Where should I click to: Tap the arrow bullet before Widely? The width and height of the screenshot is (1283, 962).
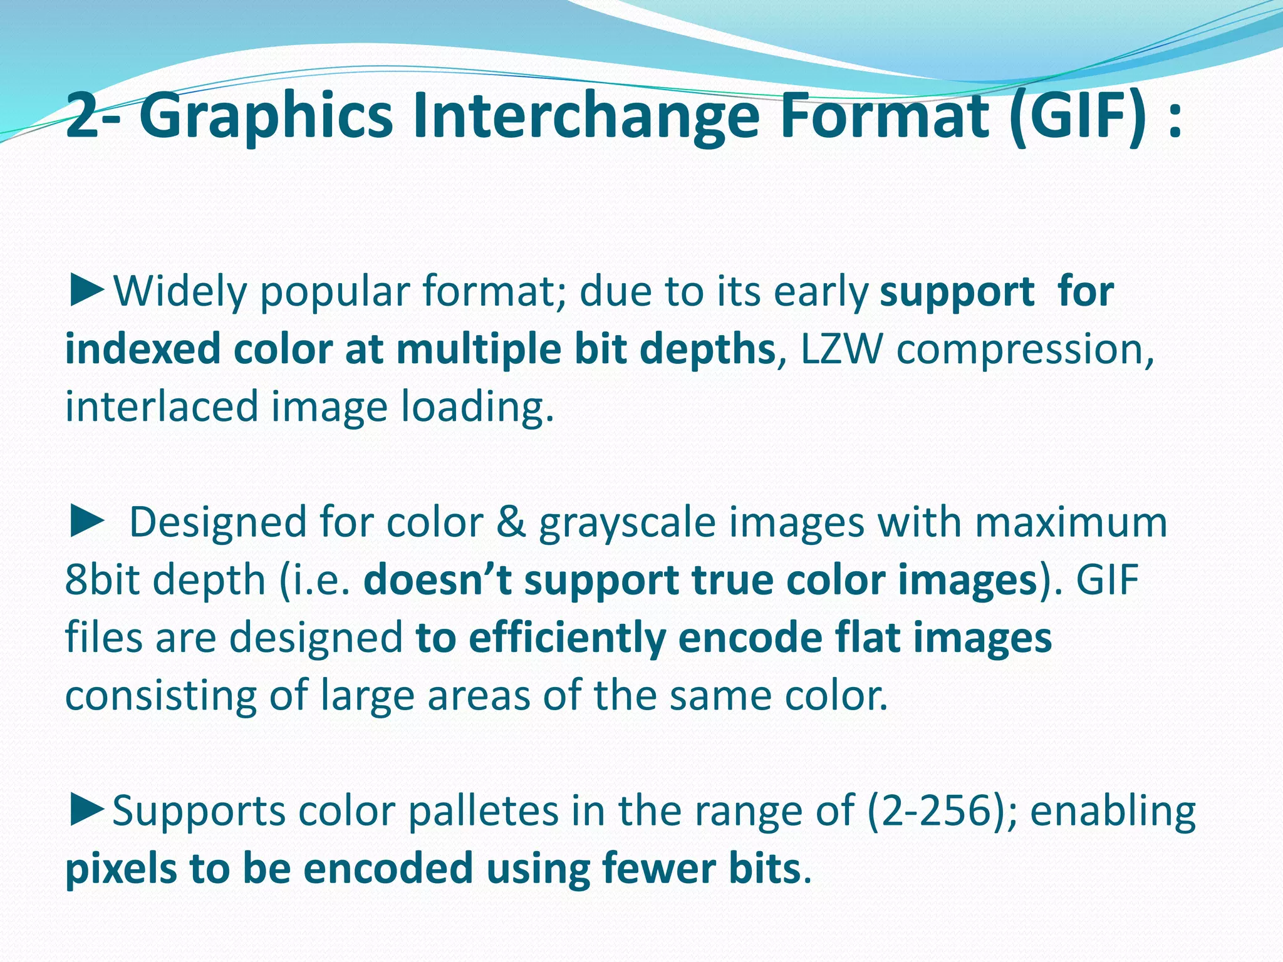pyautogui.click(x=86, y=292)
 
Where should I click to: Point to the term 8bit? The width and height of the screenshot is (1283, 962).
pyautogui.click(x=103, y=580)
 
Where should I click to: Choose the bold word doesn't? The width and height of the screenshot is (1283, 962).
pyautogui.click(x=438, y=580)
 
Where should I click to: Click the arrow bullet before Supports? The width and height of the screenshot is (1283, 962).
pyautogui.click(x=86, y=811)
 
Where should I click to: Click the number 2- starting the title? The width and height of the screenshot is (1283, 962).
pyautogui.click(x=94, y=116)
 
